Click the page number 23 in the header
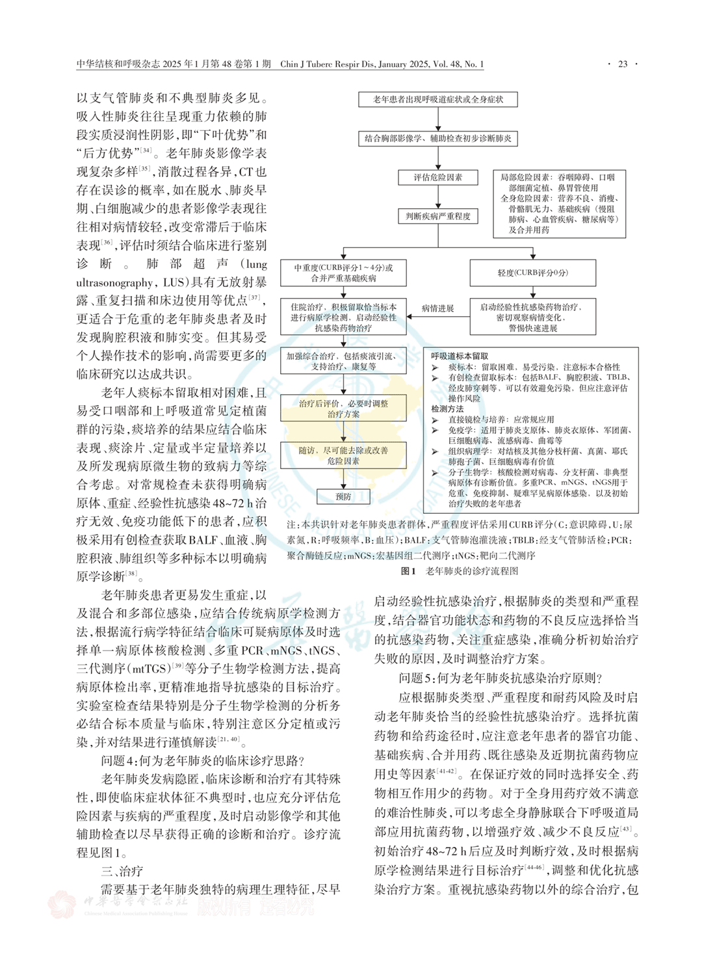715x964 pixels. (x=622, y=64)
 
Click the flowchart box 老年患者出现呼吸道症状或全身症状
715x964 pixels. (x=438, y=100)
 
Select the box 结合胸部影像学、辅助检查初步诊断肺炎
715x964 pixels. (x=438, y=139)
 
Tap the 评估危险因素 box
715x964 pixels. (x=438, y=178)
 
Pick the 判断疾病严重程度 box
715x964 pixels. (x=438, y=216)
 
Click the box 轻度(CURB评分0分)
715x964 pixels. (x=533, y=273)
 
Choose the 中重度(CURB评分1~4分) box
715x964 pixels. (x=343, y=273)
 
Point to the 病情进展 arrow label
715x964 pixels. (x=437, y=308)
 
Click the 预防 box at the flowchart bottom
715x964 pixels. (x=343, y=497)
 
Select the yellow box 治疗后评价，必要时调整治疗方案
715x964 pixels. (x=343, y=408)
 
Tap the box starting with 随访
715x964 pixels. (x=343, y=455)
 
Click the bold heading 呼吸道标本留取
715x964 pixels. (x=460, y=356)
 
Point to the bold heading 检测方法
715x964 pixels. (x=448, y=409)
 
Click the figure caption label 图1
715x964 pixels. (x=408, y=571)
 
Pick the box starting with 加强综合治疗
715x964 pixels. (x=343, y=361)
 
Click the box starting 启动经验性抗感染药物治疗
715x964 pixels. (x=533, y=317)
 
